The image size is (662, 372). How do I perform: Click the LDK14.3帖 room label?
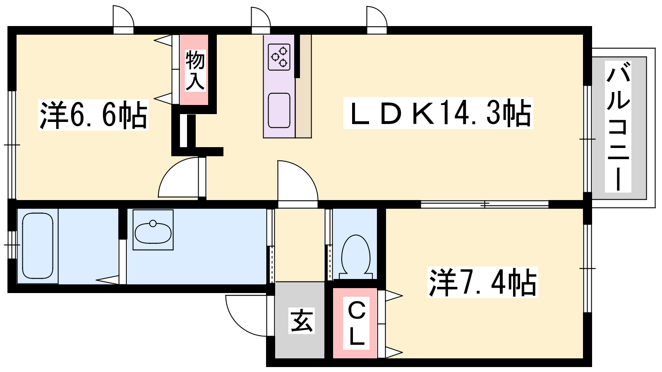438,113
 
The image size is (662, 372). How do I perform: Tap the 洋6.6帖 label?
93,115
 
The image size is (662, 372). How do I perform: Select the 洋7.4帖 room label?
482,282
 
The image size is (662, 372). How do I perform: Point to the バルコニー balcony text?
618,126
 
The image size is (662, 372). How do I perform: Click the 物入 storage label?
195,71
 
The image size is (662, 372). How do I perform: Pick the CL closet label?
356,324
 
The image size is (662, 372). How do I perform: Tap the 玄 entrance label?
301,320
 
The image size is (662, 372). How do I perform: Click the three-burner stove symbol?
279,57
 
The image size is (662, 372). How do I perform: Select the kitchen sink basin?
279,110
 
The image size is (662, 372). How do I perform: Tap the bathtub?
38,246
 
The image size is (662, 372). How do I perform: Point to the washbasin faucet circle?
153,223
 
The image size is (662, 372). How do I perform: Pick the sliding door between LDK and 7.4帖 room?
485,204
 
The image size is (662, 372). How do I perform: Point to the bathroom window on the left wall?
12,245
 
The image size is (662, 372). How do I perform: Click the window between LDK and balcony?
587,139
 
